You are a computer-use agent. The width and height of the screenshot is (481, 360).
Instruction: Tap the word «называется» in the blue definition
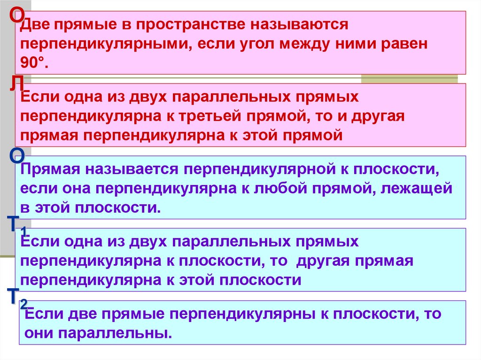point(128,169)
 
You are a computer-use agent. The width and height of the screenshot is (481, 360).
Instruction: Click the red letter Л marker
point(17,85)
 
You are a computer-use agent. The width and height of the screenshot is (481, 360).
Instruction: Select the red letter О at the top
point(17,16)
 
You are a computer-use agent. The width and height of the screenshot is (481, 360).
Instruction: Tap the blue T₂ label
point(18,297)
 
